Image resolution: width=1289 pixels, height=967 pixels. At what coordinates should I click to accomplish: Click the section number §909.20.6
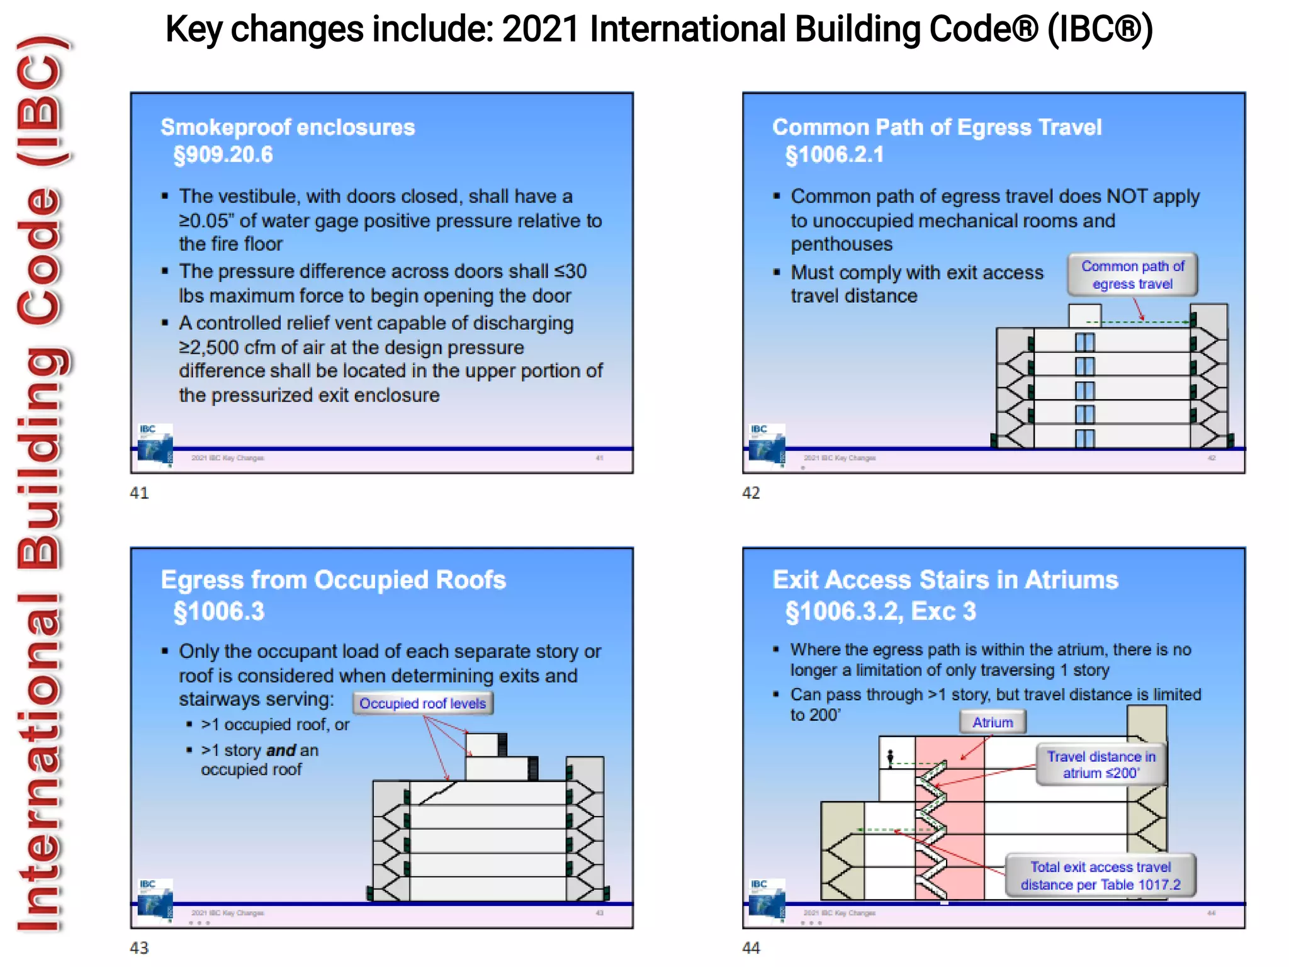223,155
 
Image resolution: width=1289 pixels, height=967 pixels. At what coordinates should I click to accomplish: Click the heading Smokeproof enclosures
288,127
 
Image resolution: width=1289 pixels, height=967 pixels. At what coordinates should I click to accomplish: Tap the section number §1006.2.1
835,155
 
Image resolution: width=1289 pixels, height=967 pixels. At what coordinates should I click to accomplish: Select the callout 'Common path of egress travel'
1132,275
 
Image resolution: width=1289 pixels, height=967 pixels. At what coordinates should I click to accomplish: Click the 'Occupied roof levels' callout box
422,703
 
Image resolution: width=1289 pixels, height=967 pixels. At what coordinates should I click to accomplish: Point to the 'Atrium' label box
993,722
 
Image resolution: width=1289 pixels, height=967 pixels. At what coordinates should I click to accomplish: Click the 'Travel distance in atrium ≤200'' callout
1101,764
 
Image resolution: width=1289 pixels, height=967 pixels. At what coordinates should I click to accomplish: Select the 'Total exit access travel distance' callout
1100,876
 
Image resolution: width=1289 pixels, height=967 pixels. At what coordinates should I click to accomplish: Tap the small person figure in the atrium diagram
890,757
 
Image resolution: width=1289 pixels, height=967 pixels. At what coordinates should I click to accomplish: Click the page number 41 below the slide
139,493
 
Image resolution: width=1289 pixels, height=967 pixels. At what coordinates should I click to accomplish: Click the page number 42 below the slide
751,493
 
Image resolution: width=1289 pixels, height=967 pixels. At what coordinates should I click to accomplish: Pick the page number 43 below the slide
139,947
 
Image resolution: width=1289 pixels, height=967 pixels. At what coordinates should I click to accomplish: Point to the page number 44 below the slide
751,947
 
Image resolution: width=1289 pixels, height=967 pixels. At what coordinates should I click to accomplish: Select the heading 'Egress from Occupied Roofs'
333,580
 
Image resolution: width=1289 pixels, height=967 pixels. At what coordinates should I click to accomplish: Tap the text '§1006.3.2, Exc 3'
881,611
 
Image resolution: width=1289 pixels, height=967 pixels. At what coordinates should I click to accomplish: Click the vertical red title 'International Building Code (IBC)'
41,483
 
